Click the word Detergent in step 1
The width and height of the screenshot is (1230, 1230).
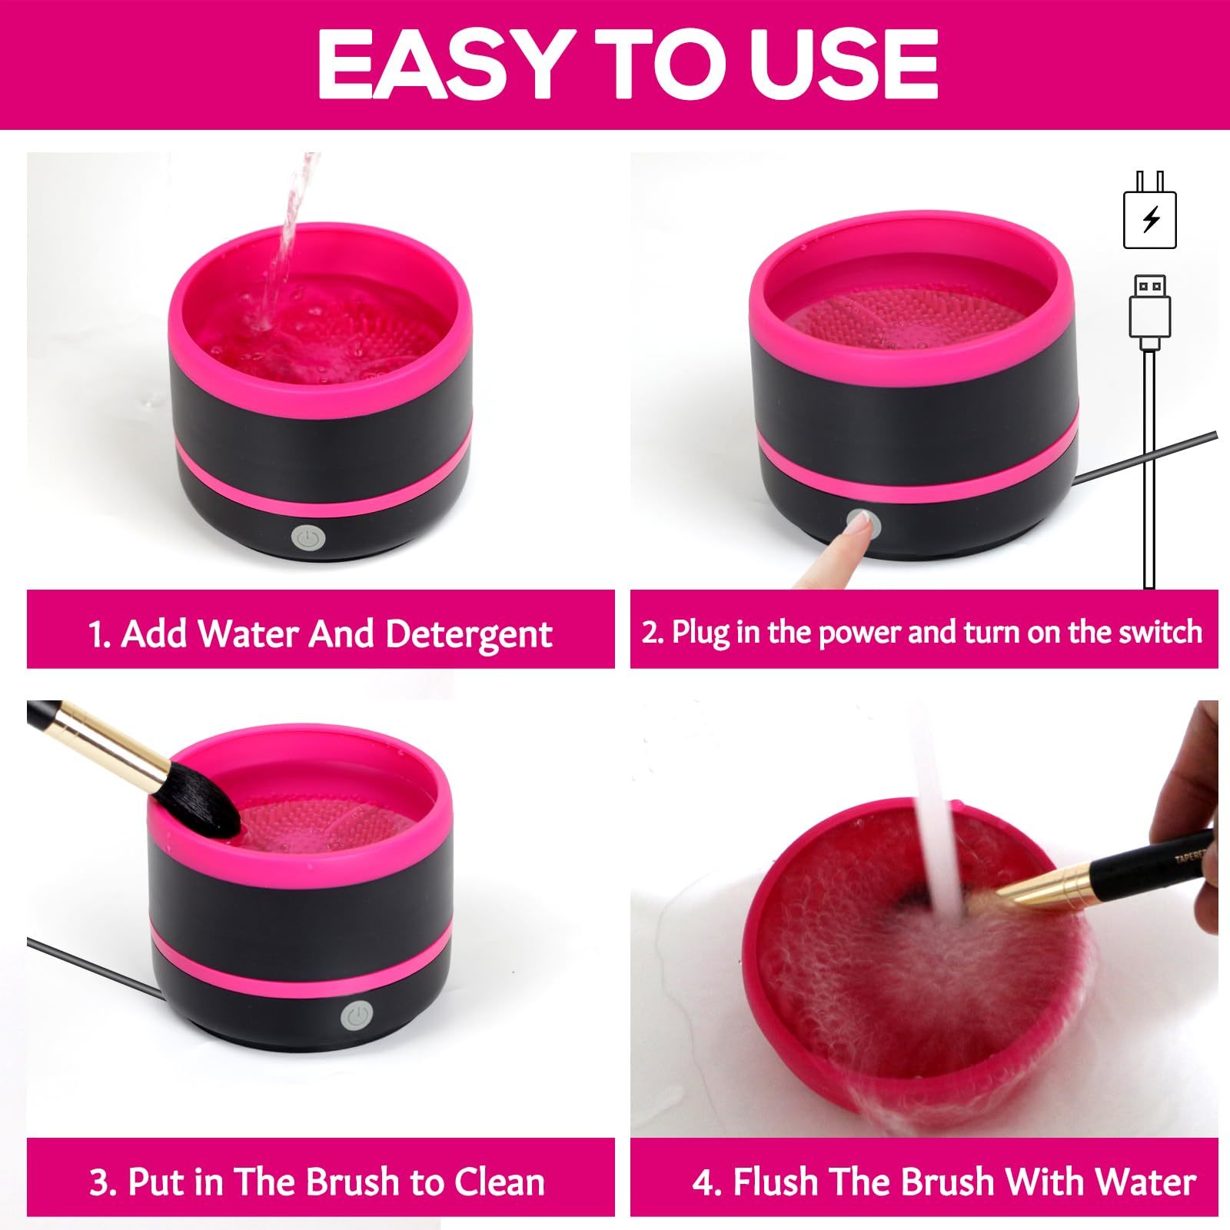(x=468, y=635)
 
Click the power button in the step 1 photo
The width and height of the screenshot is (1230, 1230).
(x=308, y=540)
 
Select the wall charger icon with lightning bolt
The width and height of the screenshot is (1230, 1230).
(x=1150, y=210)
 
